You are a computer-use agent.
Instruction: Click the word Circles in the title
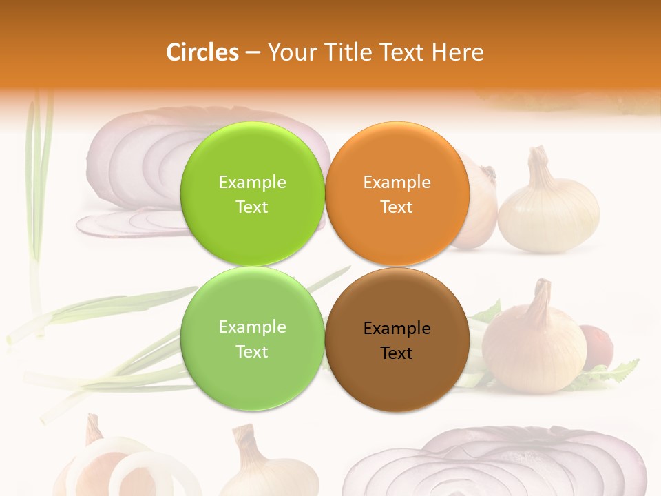[x=202, y=52]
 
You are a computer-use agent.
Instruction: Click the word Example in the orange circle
[x=397, y=183]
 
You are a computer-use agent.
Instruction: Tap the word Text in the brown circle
[x=397, y=353]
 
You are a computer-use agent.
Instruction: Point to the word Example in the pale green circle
[x=252, y=327]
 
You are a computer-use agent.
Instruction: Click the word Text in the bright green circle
[x=252, y=207]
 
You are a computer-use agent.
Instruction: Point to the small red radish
[x=596, y=344]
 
